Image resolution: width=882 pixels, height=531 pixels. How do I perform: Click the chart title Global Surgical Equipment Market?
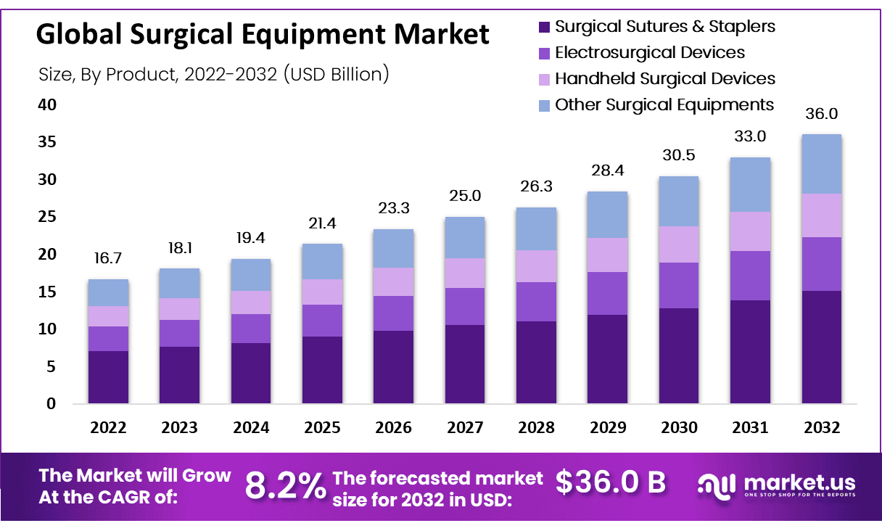263,34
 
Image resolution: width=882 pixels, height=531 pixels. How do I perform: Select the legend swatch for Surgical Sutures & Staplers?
545,28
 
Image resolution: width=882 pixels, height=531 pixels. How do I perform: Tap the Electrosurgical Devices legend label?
649,52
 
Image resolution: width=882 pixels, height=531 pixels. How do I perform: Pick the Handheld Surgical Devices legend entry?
664,78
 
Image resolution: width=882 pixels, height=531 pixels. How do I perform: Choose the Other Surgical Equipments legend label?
664,104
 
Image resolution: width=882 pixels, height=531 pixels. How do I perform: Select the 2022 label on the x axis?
108,428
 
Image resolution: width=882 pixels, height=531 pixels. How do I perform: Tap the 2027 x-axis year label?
465,428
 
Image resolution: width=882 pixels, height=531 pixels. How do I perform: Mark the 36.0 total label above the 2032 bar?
821,115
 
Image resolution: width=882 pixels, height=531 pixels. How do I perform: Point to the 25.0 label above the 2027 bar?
465,196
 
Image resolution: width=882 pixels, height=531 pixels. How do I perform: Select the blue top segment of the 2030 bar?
678,201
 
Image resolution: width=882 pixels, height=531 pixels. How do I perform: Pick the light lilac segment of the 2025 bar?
322,292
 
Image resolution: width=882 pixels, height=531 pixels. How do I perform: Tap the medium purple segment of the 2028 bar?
536,301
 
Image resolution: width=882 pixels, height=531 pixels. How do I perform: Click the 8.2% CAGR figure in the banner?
285,485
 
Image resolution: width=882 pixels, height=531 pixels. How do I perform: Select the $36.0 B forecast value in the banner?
611,482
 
